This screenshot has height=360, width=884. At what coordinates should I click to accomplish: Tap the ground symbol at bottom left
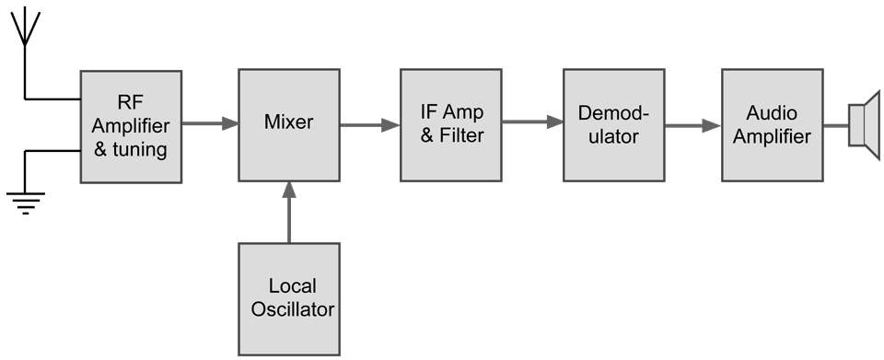25,199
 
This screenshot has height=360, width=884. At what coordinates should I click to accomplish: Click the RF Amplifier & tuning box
131,125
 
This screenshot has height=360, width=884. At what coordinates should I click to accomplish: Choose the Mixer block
288,124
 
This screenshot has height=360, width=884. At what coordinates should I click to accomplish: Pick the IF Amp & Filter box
451,124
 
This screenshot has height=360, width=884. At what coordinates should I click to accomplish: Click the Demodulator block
613,124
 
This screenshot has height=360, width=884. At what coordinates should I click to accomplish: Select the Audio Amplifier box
772,124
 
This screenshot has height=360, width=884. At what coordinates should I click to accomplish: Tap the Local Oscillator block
288,298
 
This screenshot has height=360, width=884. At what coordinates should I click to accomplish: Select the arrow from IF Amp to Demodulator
532,121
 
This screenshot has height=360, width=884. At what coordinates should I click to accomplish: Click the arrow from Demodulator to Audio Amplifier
692,124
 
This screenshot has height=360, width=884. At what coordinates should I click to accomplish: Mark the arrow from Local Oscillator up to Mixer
289,212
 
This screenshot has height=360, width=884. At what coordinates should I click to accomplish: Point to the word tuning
140,148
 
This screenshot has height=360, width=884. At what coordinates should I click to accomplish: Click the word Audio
772,113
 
